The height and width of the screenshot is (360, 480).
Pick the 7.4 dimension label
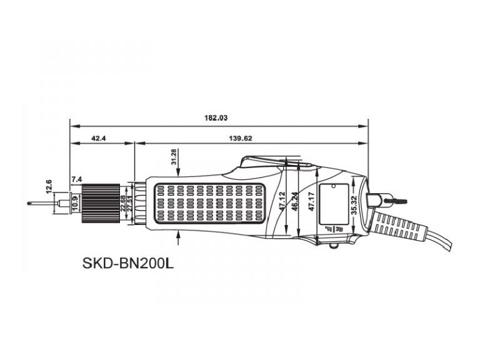[76, 180]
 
